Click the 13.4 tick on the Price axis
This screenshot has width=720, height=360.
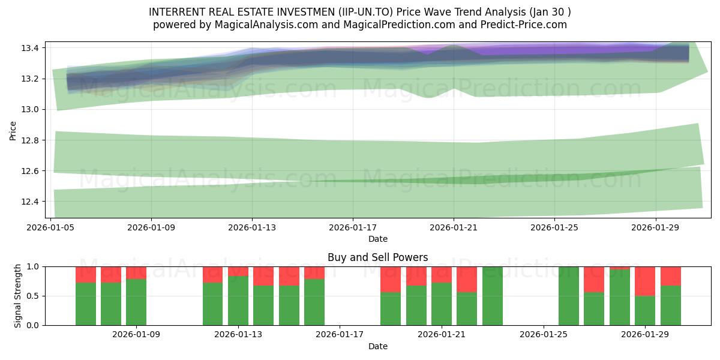(29, 48)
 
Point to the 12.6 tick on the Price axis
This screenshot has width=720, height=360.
(29, 171)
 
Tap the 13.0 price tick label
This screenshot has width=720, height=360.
(29, 109)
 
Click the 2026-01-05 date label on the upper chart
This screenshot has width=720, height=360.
(50, 227)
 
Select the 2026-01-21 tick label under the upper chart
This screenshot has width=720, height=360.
(453, 227)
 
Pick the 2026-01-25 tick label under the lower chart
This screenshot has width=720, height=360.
(544, 335)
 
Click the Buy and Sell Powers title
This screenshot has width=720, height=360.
(377, 257)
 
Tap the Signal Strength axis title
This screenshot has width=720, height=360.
(18, 295)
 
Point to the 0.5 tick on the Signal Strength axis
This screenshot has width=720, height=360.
(34, 296)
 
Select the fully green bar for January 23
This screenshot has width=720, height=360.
(492, 296)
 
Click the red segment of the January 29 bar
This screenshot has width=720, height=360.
(645, 281)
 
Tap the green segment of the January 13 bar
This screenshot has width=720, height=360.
(238, 300)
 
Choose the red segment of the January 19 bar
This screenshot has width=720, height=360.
(391, 279)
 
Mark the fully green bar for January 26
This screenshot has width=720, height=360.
(569, 296)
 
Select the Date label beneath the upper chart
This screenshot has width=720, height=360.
(377, 239)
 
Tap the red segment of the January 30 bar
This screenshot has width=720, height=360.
(671, 275)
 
